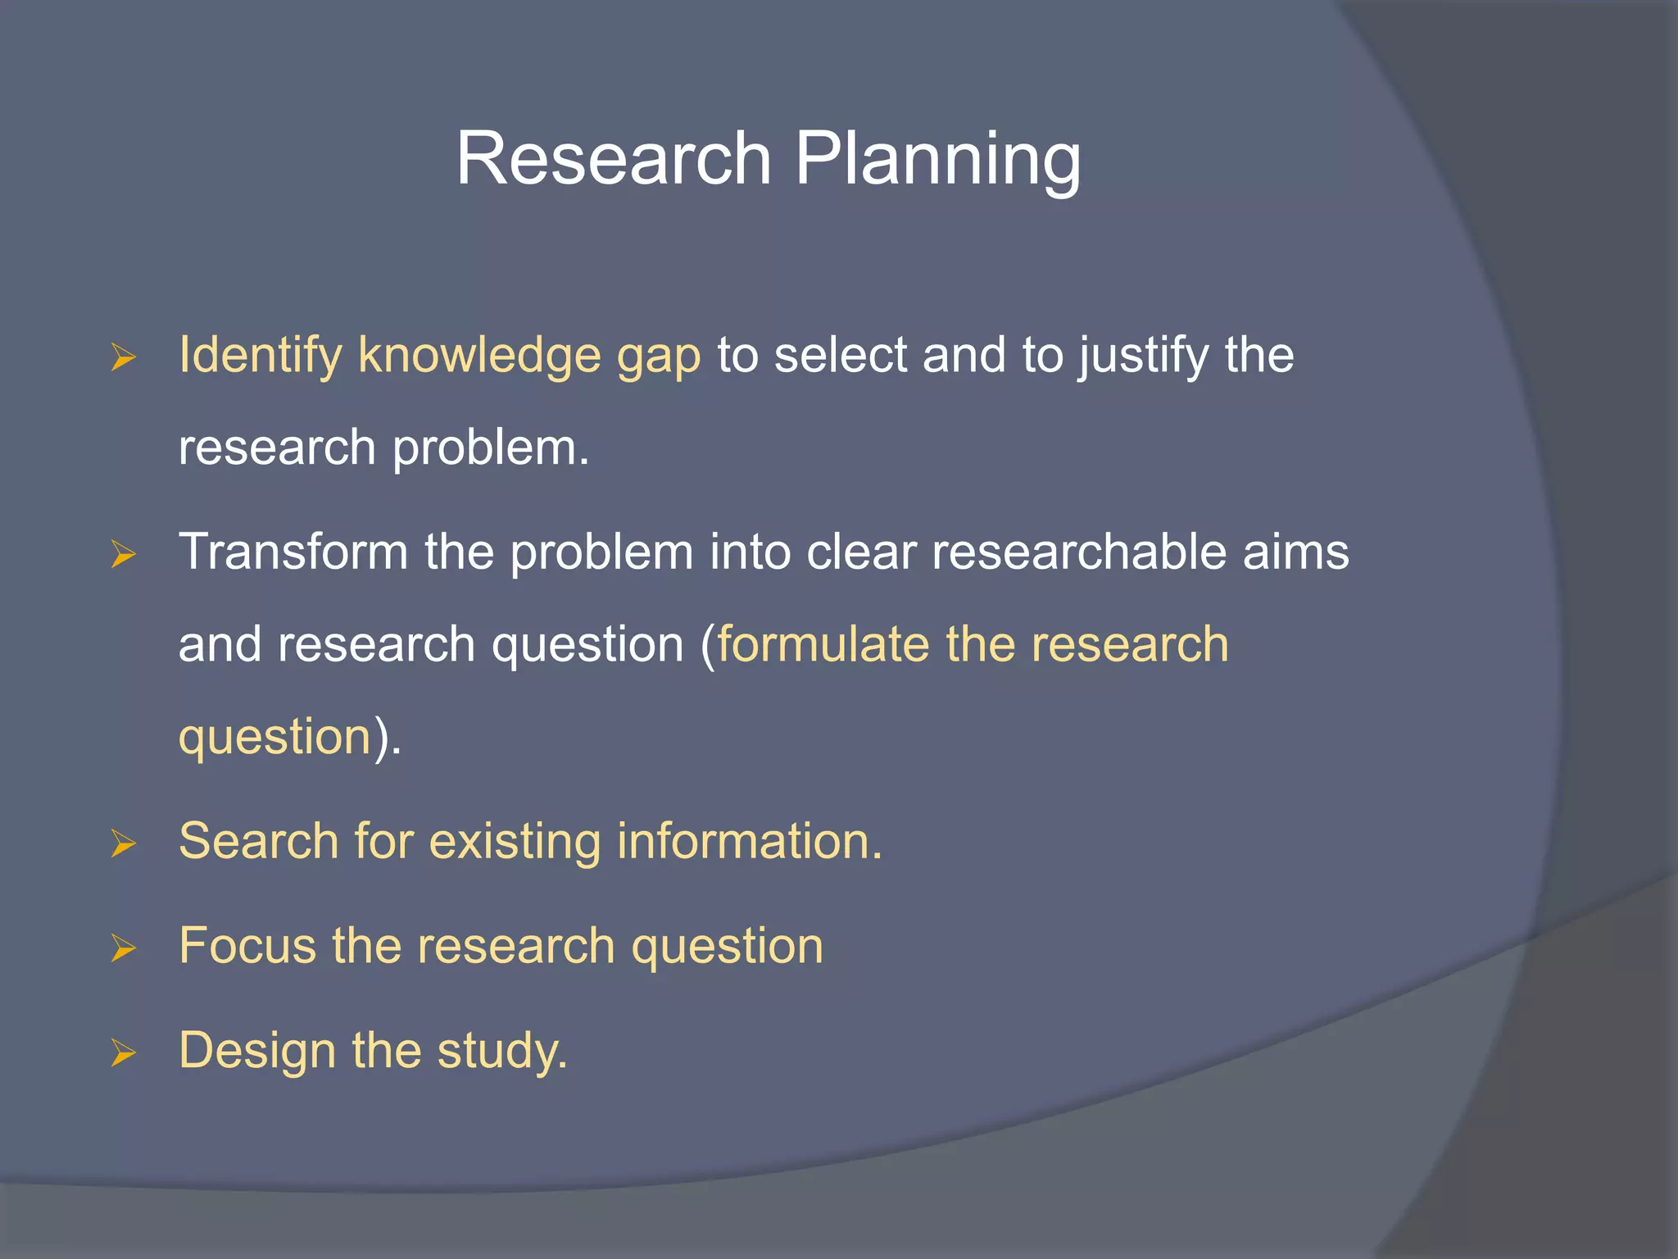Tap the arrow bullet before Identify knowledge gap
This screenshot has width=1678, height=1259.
tap(123, 357)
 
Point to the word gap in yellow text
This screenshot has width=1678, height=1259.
tap(659, 359)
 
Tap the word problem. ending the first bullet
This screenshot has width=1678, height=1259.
tap(491, 449)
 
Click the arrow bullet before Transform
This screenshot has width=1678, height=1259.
tap(123, 554)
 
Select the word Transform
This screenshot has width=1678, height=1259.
tap(293, 552)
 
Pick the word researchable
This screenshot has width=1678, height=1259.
tap(1078, 552)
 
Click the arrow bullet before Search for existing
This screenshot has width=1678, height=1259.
tap(123, 843)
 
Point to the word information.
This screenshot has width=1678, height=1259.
tap(749, 842)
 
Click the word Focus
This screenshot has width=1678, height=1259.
tap(247, 946)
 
